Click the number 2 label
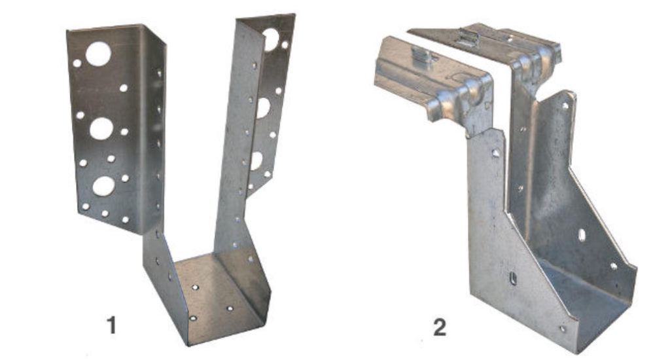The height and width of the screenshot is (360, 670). coord(440,327)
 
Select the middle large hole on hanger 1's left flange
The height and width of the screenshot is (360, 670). coord(101,128)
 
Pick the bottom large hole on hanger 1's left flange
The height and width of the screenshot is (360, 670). coord(103,186)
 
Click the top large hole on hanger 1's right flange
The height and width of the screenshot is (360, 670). coord(270,39)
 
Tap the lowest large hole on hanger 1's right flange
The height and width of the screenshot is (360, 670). coord(256,160)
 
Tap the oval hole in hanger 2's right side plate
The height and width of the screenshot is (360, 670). coord(582,234)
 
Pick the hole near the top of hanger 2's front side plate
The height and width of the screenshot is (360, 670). coord(495,153)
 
